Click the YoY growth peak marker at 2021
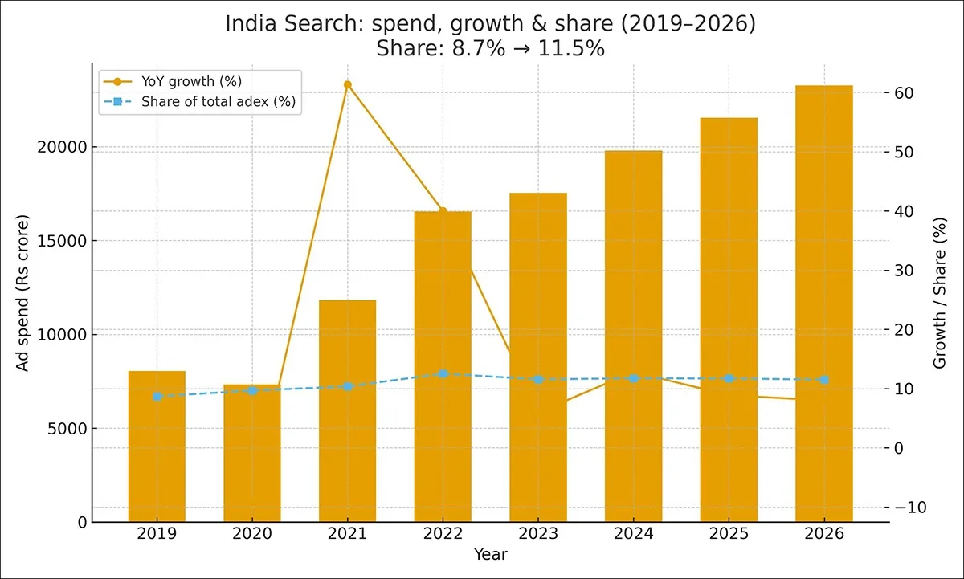point(348,84)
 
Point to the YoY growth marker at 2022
point(443,211)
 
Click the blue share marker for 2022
point(443,374)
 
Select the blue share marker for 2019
point(157,396)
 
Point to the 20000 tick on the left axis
point(63,147)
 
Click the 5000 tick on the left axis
point(67,428)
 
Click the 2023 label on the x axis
point(537,534)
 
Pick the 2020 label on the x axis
point(252,534)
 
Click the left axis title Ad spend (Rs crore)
point(23,293)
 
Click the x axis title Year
point(490,554)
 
